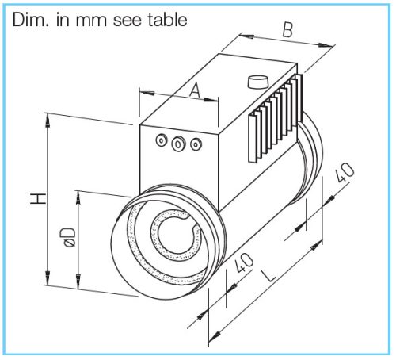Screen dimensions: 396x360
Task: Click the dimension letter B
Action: (x=287, y=30)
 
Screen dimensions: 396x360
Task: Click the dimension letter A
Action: (x=195, y=90)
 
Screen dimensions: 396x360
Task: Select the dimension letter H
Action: (x=38, y=199)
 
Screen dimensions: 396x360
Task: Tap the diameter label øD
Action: (x=70, y=237)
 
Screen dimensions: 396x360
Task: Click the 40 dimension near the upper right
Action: (x=345, y=172)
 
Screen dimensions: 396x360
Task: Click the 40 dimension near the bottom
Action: (x=244, y=262)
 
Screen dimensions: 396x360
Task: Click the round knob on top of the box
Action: (x=258, y=82)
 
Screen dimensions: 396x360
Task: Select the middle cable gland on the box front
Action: (x=178, y=144)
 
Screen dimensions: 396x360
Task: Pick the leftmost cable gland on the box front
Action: (x=162, y=140)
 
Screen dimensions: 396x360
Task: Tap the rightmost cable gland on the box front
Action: (x=196, y=144)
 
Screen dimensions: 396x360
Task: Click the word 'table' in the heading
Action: (x=167, y=20)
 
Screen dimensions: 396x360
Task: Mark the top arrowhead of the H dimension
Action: (x=48, y=120)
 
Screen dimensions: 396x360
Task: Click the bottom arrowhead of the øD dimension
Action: (x=78, y=281)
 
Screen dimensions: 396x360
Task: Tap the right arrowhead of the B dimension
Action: (x=326, y=45)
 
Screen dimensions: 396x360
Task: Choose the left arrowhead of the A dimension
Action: (x=147, y=93)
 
